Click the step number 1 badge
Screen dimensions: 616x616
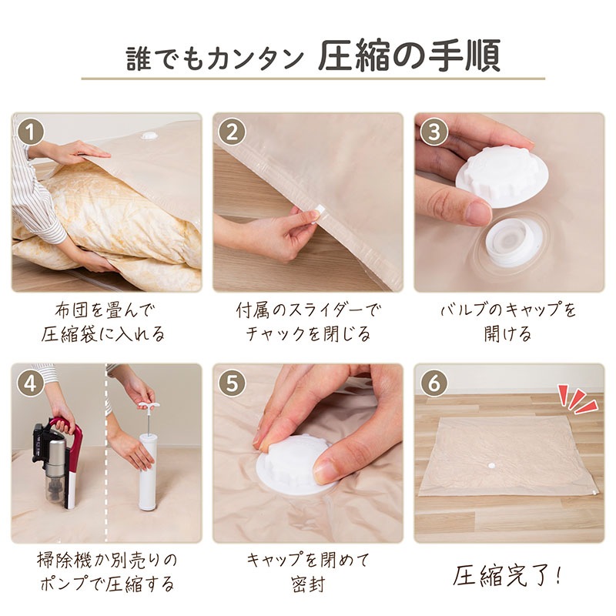(31, 132)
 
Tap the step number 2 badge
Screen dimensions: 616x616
(232, 132)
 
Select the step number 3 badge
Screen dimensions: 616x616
(434, 132)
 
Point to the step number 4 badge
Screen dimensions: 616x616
(31, 383)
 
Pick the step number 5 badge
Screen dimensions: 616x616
(232, 383)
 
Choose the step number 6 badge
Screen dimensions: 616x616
(434, 383)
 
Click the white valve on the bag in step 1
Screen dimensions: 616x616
(149, 136)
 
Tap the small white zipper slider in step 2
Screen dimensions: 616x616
(319, 210)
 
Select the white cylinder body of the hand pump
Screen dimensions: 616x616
(148, 472)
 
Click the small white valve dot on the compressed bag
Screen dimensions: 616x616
(490, 466)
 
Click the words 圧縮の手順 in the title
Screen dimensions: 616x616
(409, 55)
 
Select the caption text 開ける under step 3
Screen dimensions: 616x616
(508, 334)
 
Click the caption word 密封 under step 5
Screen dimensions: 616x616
(308, 584)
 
